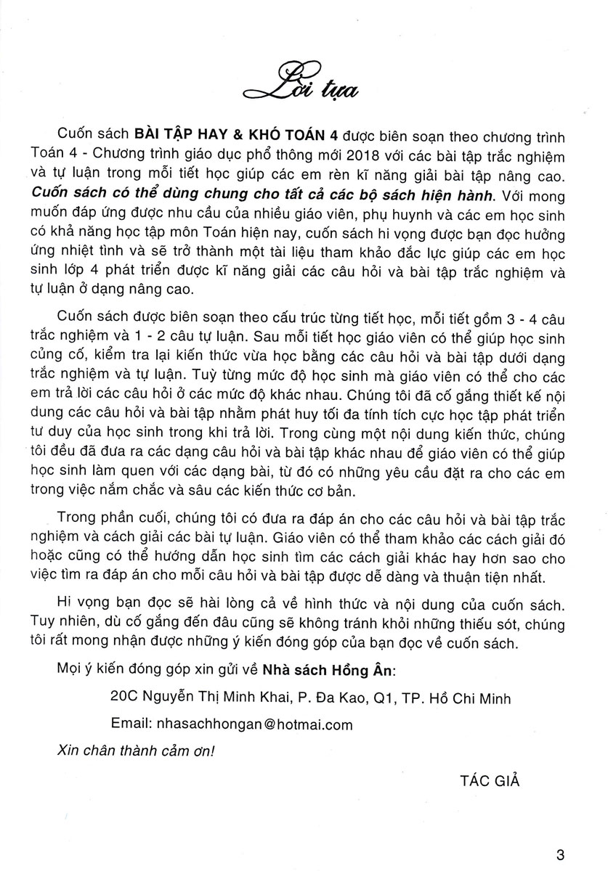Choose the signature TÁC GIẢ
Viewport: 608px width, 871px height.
coord(490,781)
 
